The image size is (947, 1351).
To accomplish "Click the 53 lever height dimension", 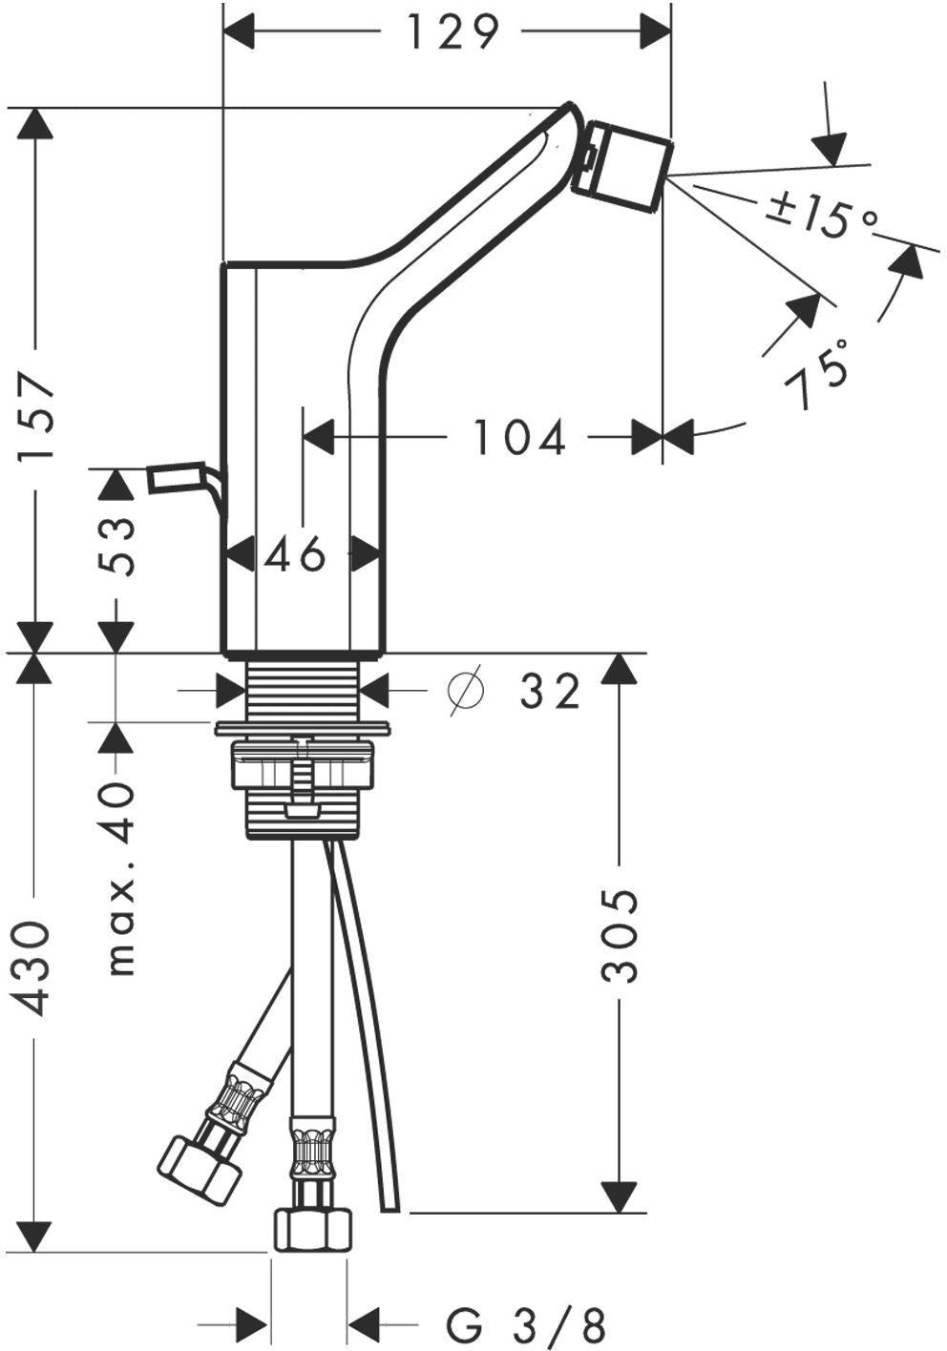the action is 116,547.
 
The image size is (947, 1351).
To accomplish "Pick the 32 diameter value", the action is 549,692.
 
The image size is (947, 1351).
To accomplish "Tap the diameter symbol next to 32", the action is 466,690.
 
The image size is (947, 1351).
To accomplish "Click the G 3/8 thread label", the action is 526,1320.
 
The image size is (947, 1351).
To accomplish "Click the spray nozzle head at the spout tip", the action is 621,166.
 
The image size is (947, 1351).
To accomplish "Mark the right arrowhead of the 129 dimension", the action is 656,31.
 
